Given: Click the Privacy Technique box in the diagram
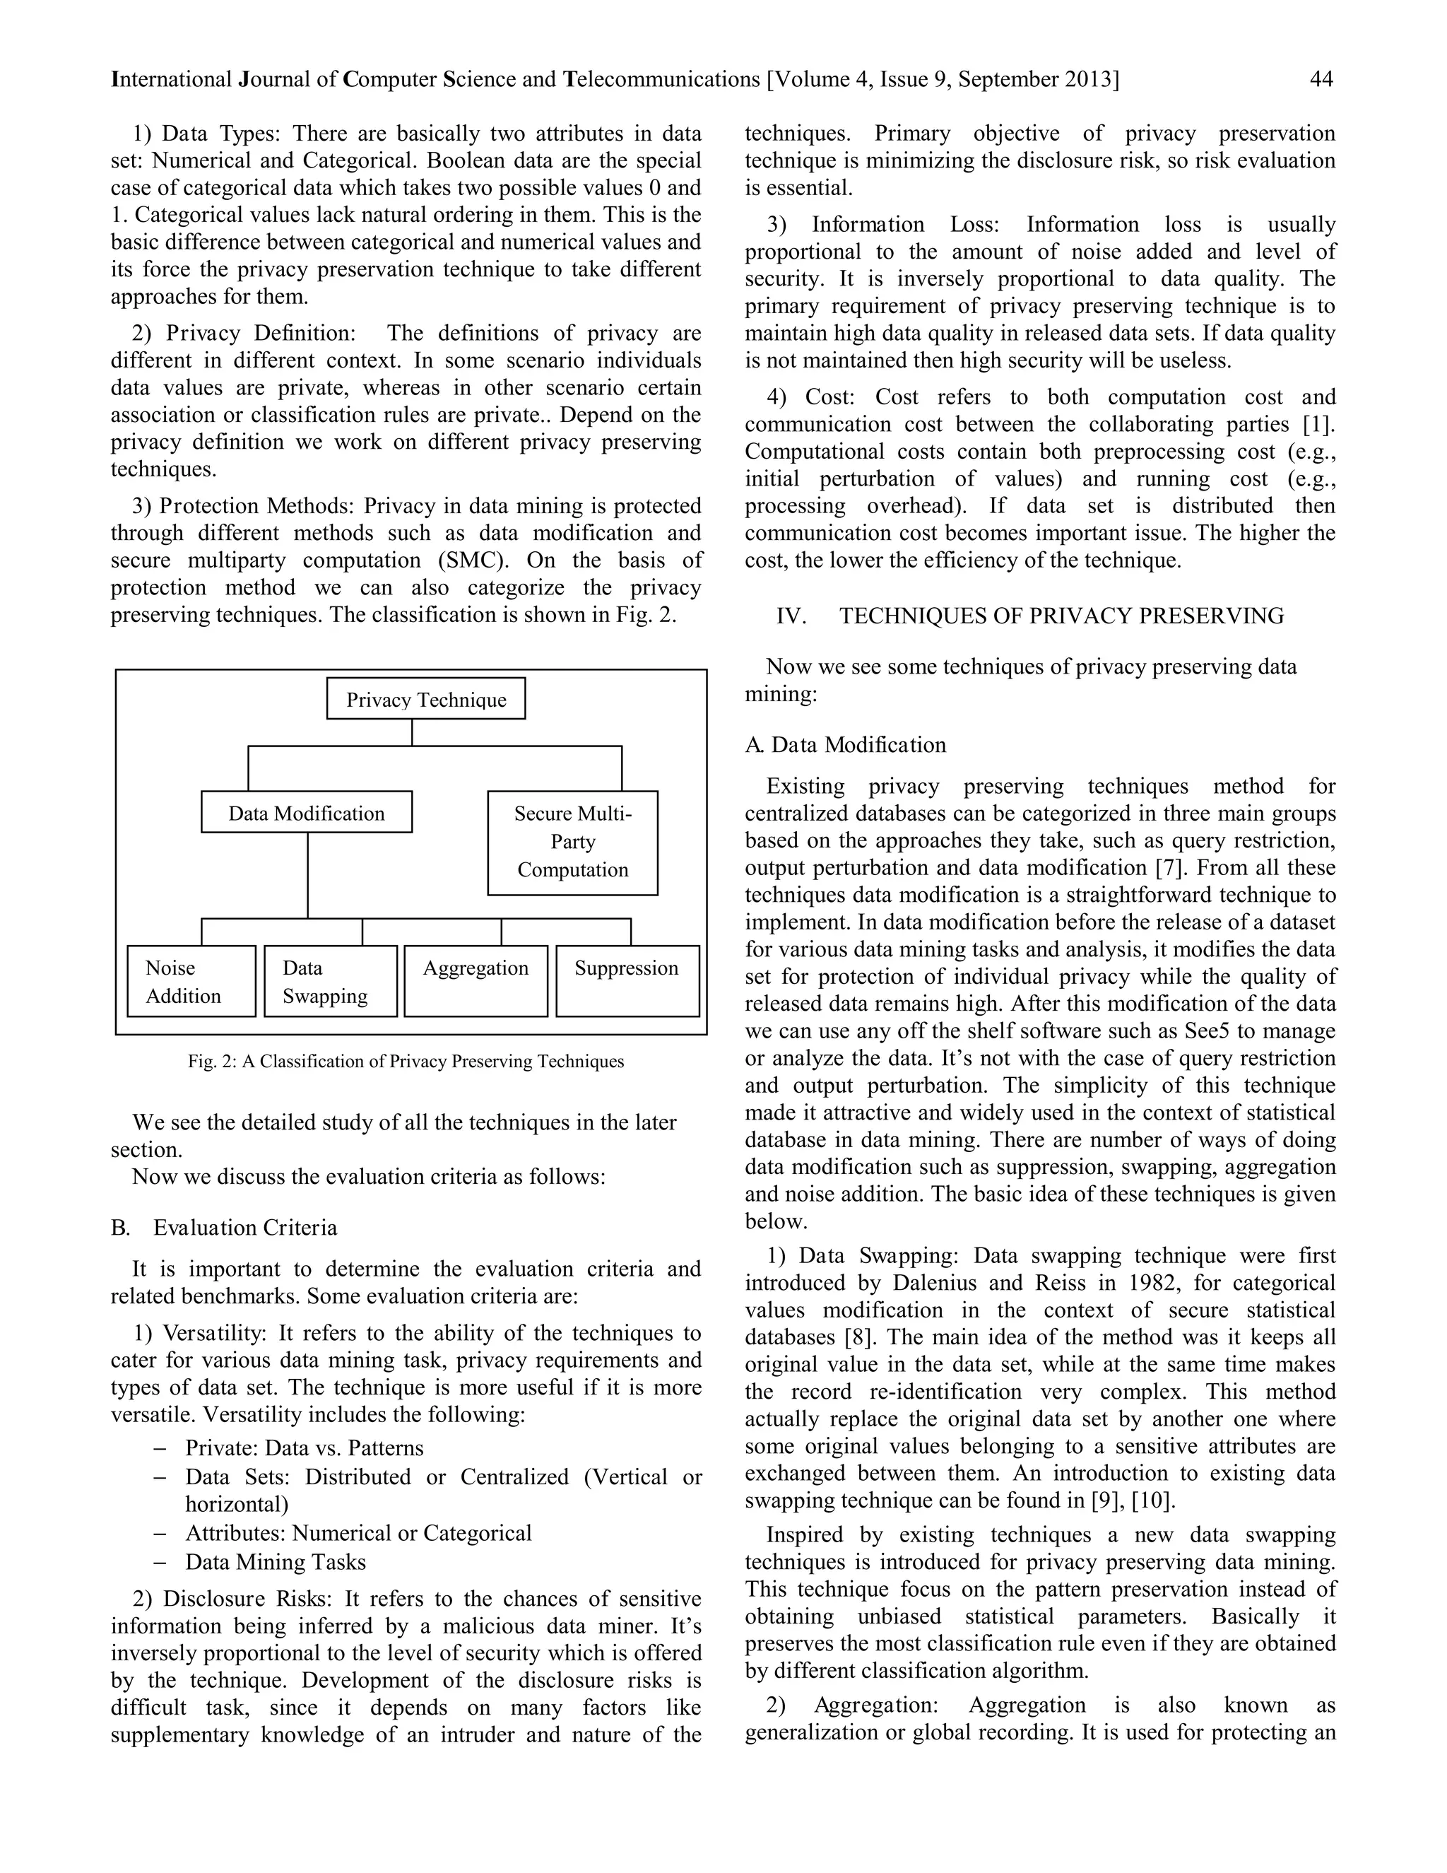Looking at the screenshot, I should [426, 699].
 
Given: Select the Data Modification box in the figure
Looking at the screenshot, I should [307, 812].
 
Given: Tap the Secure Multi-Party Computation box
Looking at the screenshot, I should [572, 842].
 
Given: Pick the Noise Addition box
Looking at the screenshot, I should [191, 981].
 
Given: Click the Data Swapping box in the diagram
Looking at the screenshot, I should [330, 981].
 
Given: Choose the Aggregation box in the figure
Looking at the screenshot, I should [476, 980].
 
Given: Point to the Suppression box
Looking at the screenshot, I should [627, 980].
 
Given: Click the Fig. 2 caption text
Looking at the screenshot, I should [406, 1062].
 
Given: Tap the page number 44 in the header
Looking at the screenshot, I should [1321, 80].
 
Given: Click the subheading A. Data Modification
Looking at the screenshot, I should [846, 744].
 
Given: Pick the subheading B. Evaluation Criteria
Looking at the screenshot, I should [225, 1227].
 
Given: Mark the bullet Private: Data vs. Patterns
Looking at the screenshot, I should [305, 1448].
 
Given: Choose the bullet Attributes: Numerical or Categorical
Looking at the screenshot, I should [358, 1532].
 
